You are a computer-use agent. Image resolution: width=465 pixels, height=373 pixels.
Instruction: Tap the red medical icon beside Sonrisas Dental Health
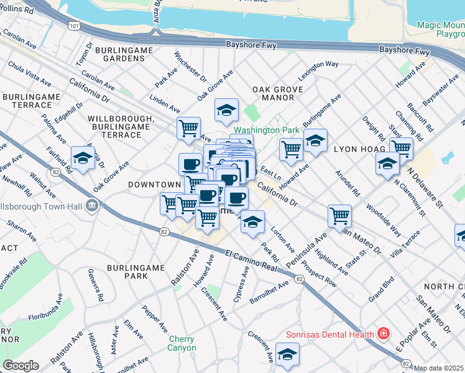384,334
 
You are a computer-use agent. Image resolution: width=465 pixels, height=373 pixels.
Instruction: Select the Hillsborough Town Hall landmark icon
91,205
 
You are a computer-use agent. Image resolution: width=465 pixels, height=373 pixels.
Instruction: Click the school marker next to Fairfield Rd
83,159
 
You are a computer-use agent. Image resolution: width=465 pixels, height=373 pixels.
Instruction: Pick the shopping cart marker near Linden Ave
188,129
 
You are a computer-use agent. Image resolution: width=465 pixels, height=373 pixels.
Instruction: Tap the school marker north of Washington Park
226,111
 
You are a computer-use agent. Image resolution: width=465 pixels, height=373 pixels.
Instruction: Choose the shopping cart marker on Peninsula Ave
339,216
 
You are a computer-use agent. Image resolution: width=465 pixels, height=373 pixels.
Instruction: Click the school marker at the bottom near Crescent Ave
287,356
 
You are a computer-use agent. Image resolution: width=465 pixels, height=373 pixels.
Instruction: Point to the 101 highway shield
75,27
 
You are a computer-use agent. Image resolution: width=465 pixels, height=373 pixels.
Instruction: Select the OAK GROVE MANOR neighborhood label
278,93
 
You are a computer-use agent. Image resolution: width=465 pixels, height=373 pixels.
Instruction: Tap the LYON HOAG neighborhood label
357,150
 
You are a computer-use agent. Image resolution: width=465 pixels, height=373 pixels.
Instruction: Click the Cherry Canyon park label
182,343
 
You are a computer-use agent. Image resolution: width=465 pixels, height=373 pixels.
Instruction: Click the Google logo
21,366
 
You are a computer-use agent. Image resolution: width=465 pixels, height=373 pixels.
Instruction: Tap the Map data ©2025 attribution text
439,368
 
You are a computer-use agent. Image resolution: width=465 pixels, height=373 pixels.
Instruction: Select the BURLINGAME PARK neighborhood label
136,272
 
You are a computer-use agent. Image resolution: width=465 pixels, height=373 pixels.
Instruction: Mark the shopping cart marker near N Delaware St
401,149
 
